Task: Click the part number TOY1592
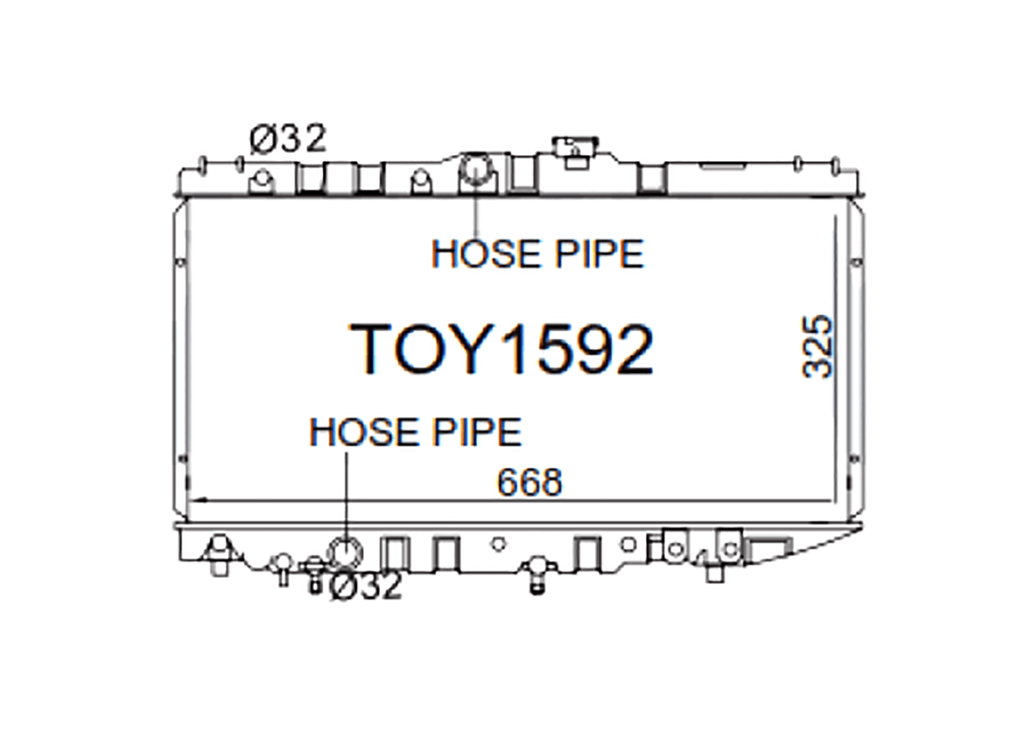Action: (x=502, y=349)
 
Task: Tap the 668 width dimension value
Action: (x=529, y=483)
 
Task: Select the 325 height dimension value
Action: (x=818, y=347)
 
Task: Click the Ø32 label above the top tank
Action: (x=289, y=139)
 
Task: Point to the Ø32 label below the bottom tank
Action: (x=366, y=587)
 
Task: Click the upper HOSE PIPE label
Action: (x=537, y=254)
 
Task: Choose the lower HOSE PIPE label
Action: (x=416, y=432)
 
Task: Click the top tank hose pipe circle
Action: (x=475, y=170)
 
